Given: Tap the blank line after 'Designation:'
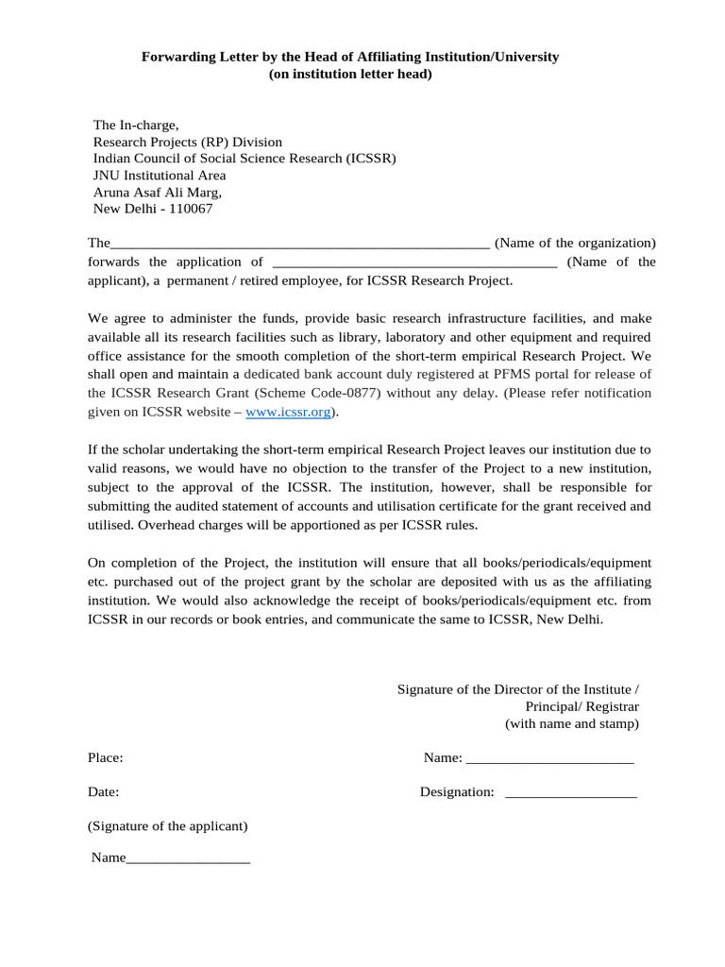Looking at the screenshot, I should click(571, 792).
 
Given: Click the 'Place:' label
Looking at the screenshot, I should click(106, 758).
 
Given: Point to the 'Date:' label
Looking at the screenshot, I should click(104, 792).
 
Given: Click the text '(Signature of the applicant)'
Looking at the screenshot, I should click(168, 826).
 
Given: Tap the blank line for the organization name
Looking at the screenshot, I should click(300, 244).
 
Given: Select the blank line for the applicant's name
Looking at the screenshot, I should click(413, 263).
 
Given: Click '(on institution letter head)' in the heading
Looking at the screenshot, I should click(350, 75).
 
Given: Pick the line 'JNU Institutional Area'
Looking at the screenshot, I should click(160, 176).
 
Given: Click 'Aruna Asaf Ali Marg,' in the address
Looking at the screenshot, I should click(157, 192).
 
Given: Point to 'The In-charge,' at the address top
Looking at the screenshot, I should click(135, 125).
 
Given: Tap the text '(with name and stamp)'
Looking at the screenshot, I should click(571, 724).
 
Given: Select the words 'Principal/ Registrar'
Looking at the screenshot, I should click(582, 707).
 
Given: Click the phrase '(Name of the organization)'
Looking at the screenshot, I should click(575, 244).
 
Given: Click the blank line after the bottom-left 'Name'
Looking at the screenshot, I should click(188, 858).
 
